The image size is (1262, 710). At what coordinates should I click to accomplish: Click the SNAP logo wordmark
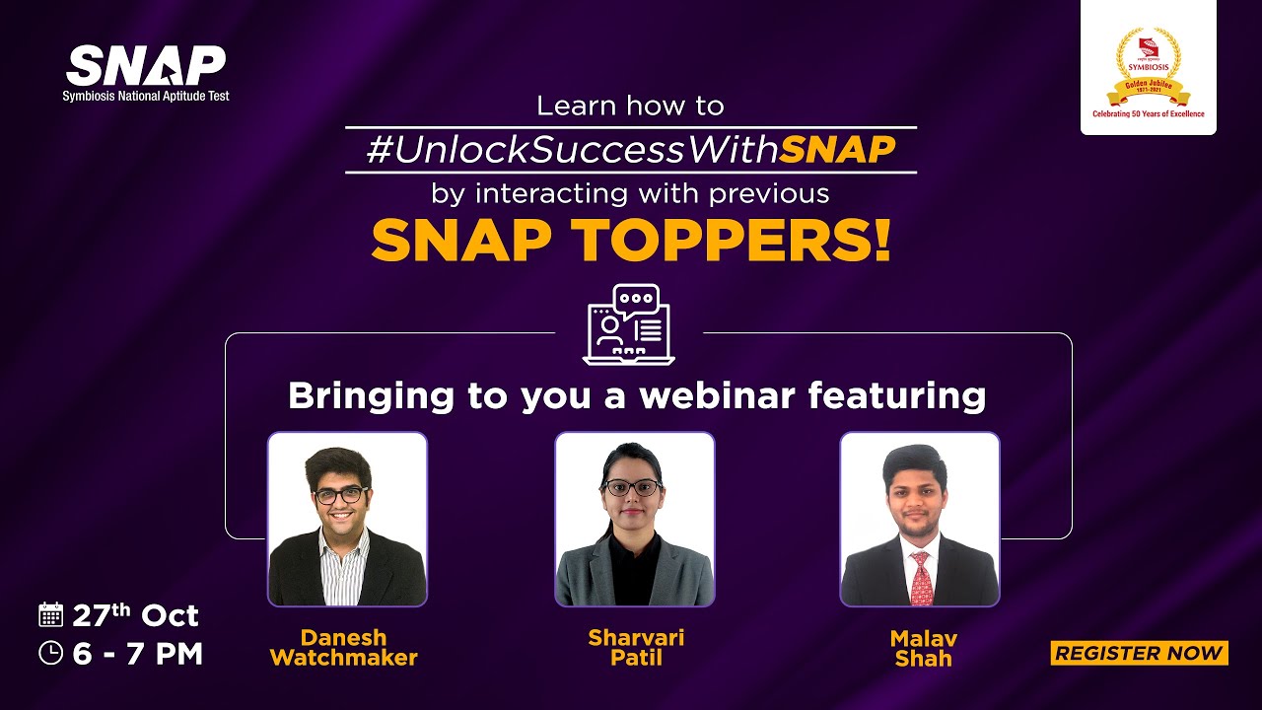click(x=146, y=66)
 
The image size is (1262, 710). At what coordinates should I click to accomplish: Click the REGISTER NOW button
click(x=1139, y=653)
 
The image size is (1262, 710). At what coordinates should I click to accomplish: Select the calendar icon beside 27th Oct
click(x=50, y=615)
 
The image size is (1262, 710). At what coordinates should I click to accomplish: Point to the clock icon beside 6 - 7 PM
click(x=50, y=653)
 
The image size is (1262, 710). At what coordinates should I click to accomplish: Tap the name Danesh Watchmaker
click(x=343, y=648)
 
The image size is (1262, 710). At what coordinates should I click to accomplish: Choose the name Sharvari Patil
click(x=636, y=648)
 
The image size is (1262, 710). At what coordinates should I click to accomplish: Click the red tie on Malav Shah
click(x=921, y=579)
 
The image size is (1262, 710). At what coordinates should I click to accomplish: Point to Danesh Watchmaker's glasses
click(x=341, y=495)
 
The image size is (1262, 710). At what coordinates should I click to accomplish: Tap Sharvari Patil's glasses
click(x=631, y=487)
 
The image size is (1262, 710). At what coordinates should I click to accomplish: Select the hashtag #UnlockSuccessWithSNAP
click(x=631, y=150)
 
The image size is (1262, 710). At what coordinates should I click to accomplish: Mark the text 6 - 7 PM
click(x=138, y=654)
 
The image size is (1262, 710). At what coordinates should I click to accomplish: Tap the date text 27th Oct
click(x=136, y=616)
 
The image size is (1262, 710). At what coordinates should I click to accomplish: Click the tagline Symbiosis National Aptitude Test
click(x=146, y=97)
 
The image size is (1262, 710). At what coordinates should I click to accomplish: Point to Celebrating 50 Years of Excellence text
click(x=1148, y=114)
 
